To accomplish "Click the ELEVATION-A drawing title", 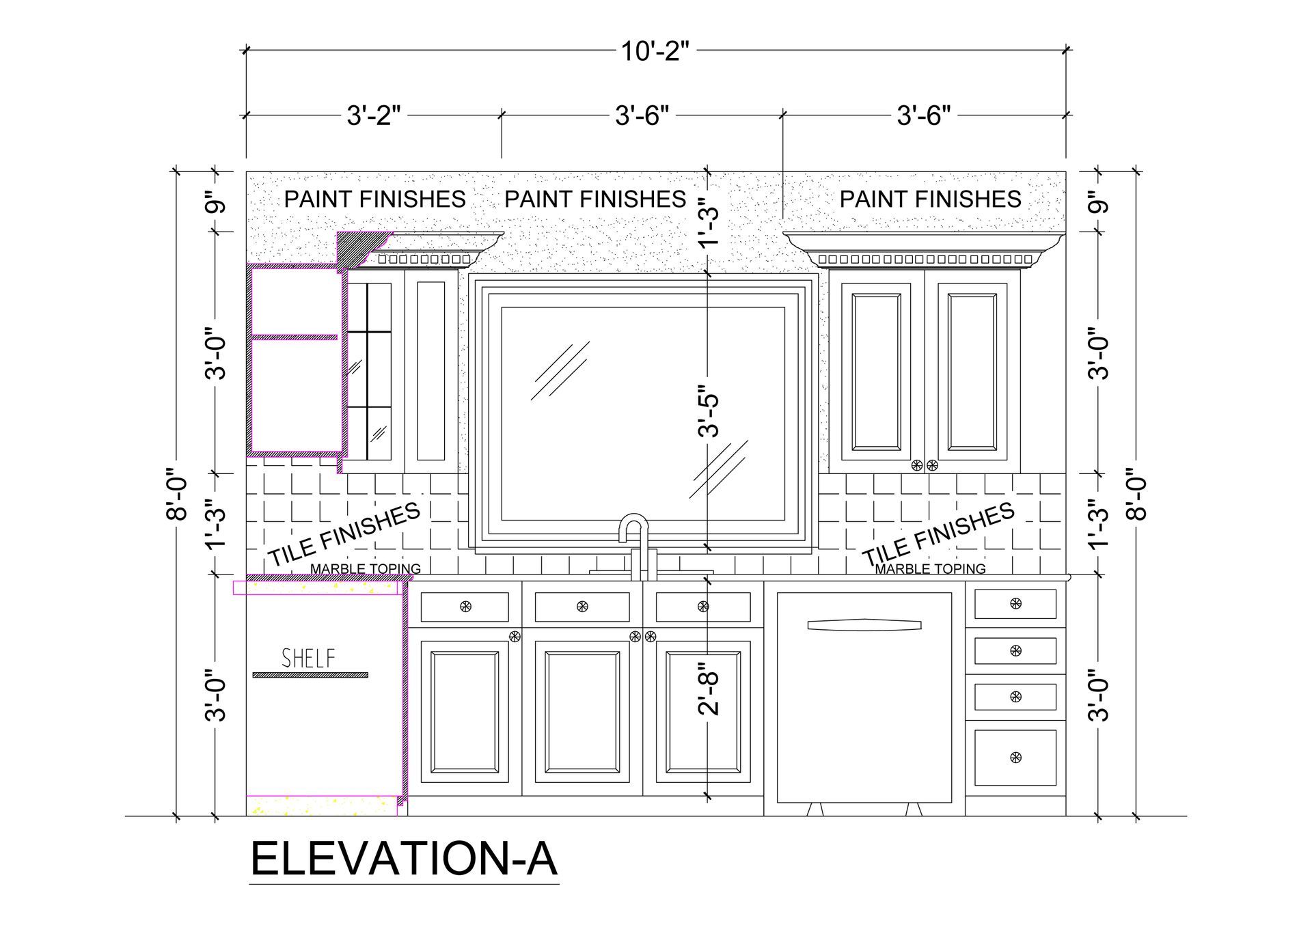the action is pos(404,859).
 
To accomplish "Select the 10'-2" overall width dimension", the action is pos(655,51).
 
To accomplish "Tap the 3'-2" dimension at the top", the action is pos(373,115).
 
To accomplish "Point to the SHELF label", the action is pos(309,659).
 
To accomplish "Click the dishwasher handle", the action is pos(864,624).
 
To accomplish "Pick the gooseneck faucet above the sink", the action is pos(634,540).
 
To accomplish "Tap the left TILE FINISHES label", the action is pos(343,534).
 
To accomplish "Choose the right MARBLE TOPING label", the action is pos(930,568).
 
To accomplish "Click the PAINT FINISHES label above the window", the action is pos(595,199).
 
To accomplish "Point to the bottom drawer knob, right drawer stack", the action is pos(1015,757).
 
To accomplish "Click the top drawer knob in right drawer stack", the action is pos(1015,604).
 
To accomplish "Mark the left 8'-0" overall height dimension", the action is pos(177,493).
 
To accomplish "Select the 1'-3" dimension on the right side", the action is pos(1098,525).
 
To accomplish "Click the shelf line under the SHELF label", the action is pos(310,675).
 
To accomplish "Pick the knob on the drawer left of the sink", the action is pos(465,606).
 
